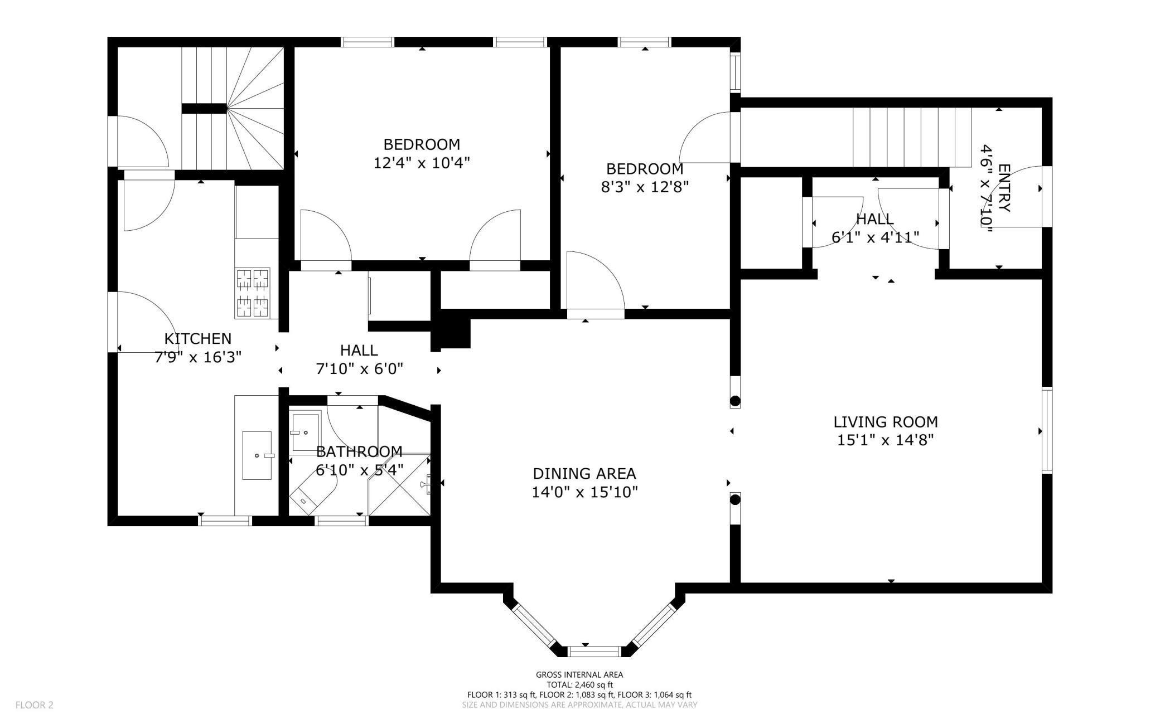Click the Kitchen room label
[x=197, y=339]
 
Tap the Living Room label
[x=886, y=422]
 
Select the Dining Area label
[x=584, y=474]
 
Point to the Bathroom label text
[x=359, y=451]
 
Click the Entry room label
[x=1004, y=188]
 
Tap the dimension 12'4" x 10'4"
[x=422, y=163]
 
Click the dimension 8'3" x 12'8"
[x=645, y=187]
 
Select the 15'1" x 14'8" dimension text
[x=886, y=440]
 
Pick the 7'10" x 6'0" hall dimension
[x=359, y=369]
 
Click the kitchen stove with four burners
[x=253, y=293]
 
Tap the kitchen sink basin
[x=257, y=455]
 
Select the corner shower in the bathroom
[x=399, y=484]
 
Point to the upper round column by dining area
[x=735, y=401]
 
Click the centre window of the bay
[x=594, y=651]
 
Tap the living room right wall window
[x=1047, y=430]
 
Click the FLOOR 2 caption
[x=35, y=705]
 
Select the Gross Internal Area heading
[x=579, y=675]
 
